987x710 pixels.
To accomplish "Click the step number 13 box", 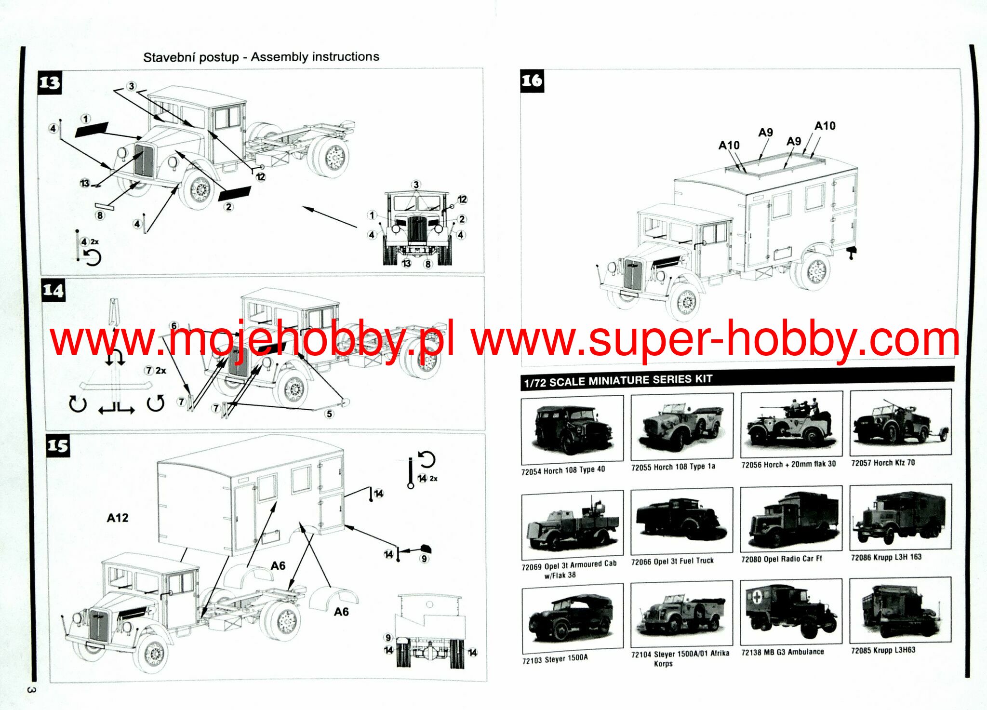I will coord(50,82).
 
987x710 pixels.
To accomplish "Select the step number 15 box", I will coord(58,446).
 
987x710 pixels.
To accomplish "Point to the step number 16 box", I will coord(532,80).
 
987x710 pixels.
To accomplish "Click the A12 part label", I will coord(118,518).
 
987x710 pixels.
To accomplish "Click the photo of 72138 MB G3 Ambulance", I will coord(791,611).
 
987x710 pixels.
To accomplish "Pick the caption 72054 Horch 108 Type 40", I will coord(563,470).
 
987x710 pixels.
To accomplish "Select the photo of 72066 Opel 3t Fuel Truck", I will coord(681,521).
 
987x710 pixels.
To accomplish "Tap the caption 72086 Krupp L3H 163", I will coord(886,557).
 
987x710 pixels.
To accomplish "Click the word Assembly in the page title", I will coord(276,57).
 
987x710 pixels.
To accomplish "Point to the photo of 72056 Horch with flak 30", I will coord(791,424).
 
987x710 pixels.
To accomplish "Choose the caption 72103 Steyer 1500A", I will coord(555,659).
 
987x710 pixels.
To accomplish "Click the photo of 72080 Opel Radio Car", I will coord(791,519).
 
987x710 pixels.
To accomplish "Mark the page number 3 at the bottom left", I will coord(30,690).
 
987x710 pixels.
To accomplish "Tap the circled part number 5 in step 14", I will coord(330,414).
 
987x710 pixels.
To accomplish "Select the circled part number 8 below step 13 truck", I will coord(100,215).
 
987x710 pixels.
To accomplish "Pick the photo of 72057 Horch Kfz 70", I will coord(900,422).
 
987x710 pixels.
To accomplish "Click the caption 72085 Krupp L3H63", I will coord(883,650).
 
